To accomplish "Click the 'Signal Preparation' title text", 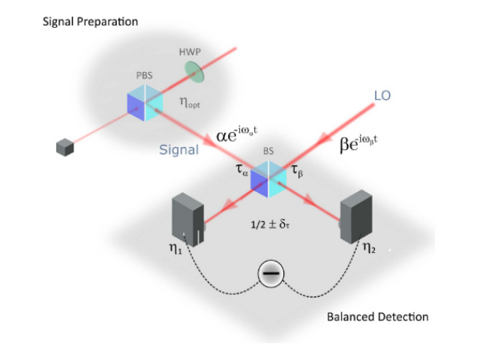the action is (x=90, y=22).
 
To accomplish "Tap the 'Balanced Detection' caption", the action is (x=378, y=316).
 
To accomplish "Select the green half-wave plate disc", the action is (x=194, y=72).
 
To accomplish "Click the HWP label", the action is (x=190, y=52).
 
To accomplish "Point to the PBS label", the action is (x=144, y=75).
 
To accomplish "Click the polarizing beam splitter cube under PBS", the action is (x=145, y=103).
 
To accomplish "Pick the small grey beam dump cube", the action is (x=65, y=147).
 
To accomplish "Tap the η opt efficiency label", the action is (x=190, y=102).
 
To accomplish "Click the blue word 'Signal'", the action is (x=179, y=150).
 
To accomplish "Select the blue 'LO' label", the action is (x=382, y=95).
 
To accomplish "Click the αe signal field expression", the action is (x=237, y=134).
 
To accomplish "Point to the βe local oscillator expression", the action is (x=358, y=143).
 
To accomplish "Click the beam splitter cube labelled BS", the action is (x=268, y=179).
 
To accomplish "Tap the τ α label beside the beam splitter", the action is (x=241, y=170).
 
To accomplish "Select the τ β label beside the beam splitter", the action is (x=297, y=170).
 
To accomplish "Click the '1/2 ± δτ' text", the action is (x=270, y=224).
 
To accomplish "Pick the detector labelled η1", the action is (x=188, y=219).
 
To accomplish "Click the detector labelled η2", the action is (x=356, y=216).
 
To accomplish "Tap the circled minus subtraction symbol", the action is (x=271, y=273).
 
